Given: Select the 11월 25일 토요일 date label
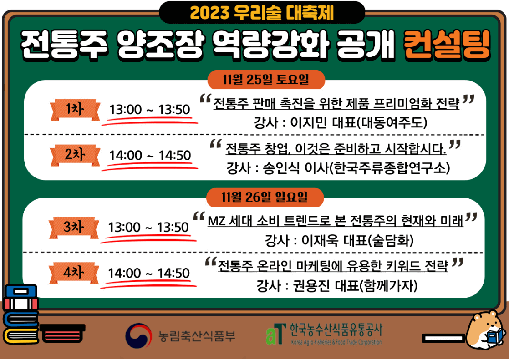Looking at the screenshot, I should point(266,80).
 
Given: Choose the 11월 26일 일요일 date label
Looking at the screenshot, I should point(265,197).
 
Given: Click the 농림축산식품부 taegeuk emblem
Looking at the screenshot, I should point(138,336).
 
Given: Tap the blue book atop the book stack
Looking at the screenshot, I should point(20,290).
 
